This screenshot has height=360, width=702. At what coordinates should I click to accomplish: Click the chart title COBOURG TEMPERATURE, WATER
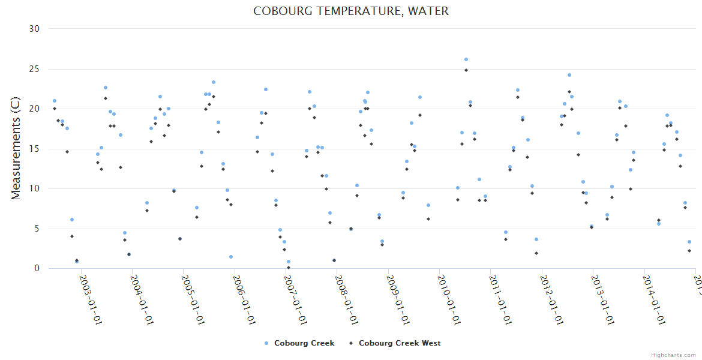(350, 11)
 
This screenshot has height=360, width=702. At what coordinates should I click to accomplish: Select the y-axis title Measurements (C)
(17, 148)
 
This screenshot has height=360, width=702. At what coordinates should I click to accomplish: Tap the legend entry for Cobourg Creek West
(399, 343)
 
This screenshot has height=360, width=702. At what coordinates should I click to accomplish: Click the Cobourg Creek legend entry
(304, 343)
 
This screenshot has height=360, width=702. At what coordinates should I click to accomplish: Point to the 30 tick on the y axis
(34, 29)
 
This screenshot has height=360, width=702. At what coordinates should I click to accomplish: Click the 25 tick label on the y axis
(34, 69)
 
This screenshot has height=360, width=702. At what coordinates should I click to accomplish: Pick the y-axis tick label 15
(34, 149)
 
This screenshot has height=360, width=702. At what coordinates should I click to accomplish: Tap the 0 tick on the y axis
(37, 269)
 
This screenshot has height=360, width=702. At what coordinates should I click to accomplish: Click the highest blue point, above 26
(466, 59)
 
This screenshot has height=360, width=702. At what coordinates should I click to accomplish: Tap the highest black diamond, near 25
(466, 70)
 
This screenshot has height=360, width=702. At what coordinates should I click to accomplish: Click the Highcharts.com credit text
(673, 355)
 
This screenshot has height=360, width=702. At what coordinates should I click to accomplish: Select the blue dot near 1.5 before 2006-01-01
(231, 257)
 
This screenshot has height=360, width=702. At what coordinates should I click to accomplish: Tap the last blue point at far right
(689, 242)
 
